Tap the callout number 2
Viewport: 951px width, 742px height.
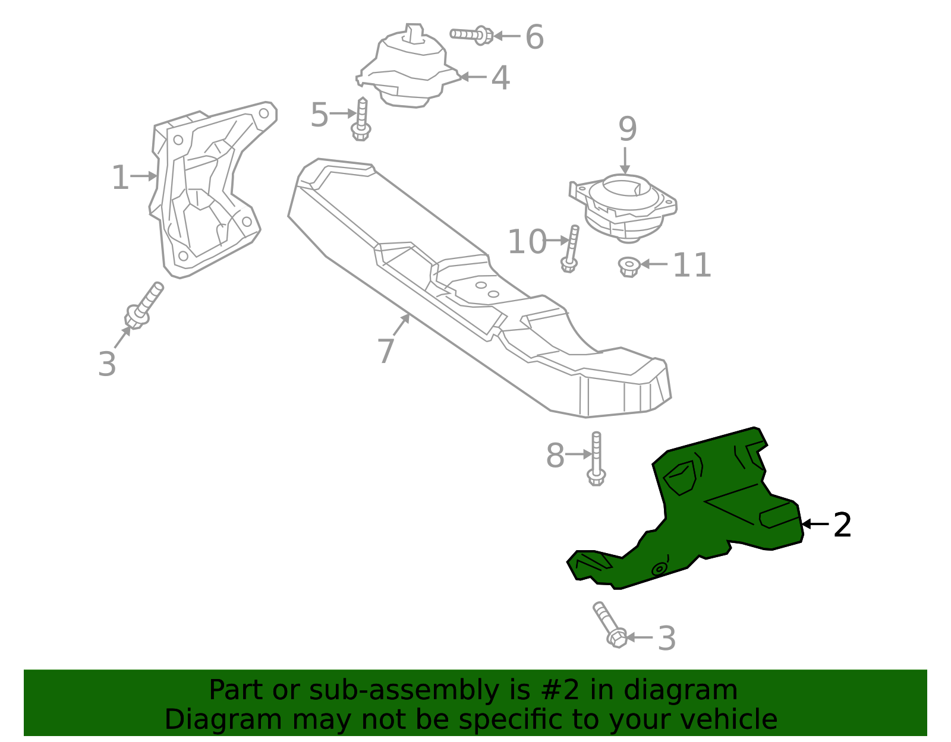coord(842,525)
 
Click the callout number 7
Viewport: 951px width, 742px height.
coord(386,351)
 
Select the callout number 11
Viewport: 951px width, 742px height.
coord(692,266)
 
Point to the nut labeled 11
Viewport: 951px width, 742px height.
coord(628,266)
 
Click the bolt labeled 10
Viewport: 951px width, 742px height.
coord(571,248)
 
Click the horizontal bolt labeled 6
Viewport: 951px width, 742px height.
coord(471,35)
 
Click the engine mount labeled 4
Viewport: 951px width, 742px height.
coord(410,68)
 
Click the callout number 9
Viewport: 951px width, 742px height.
coord(627,130)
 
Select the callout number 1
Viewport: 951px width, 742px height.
coord(120,178)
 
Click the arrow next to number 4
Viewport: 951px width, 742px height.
coord(473,77)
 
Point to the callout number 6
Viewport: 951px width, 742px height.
coord(534,37)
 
